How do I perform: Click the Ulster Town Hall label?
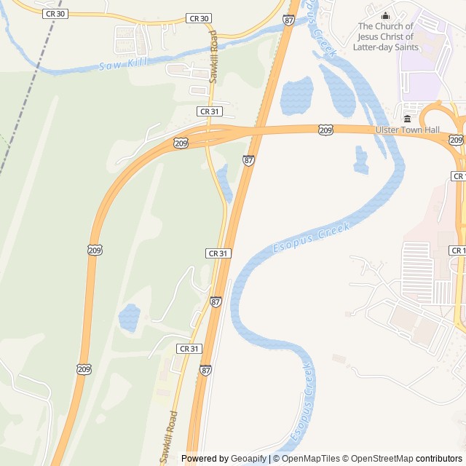[407, 130]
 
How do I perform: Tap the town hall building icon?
[406, 118]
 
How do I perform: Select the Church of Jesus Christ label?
[385, 36]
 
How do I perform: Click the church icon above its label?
[385, 16]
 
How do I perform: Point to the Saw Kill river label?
[123, 63]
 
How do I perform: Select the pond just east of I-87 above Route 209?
[296, 95]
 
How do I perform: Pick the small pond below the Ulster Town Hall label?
[361, 160]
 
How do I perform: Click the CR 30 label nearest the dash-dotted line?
[55, 13]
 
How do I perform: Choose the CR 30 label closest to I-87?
[198, 18]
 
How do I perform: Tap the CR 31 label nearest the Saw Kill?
[209, 111]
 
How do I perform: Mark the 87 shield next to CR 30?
[289, 21]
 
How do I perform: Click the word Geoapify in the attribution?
[248, 459]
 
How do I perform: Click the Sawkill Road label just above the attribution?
[168, 437]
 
